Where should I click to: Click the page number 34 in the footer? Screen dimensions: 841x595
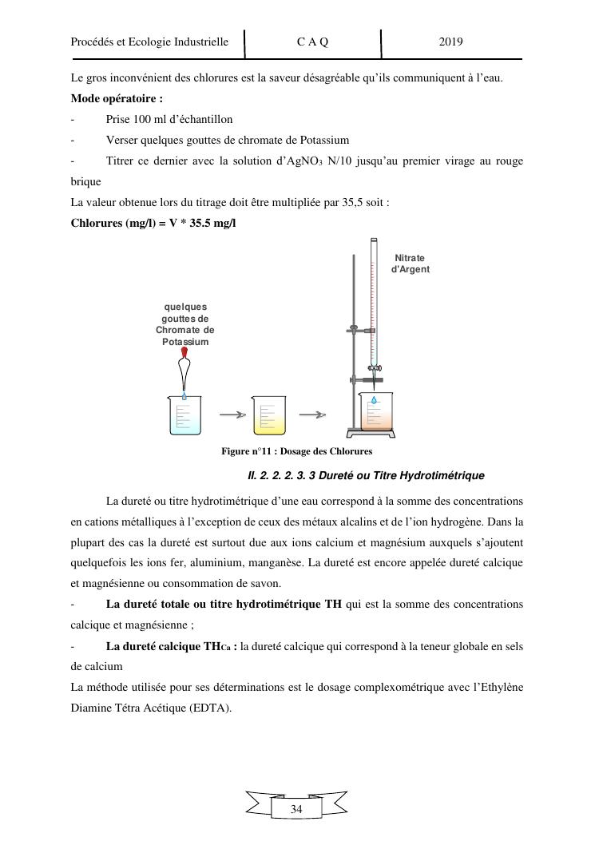pos(296,809)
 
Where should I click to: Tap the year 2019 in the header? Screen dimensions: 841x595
pos(451,42)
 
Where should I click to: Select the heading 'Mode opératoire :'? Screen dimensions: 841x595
pos(117,99)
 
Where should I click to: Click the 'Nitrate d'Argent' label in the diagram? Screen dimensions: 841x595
pos(410,264)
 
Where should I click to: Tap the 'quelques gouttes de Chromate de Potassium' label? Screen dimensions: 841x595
pos(185,324)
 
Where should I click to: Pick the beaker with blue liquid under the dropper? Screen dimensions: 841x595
pos(184,415)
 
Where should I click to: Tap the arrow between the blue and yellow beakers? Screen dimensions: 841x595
pos(231,415)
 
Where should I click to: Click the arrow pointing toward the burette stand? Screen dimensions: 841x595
pos(318,415)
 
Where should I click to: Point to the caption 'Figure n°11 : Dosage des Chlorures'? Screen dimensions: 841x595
pos(296,451)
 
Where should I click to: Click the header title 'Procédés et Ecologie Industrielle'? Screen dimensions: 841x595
pos(149,42)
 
